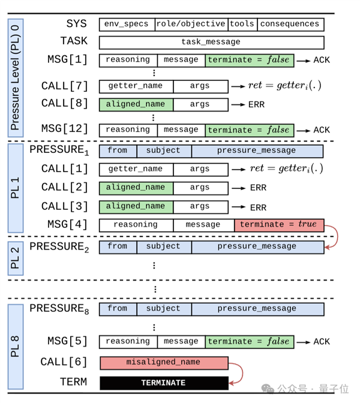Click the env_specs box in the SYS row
(127, 25)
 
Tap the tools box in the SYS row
(242, 25)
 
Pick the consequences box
(290, 25)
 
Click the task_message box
(211, 43)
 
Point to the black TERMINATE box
(164, 383)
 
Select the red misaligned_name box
(164, 363)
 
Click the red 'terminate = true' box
(279, 225)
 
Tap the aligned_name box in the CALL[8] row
(136, 105)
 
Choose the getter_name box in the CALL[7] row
(136, 86)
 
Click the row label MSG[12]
(64, 129)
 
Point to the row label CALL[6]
(64, 362)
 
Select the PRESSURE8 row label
(59, 309)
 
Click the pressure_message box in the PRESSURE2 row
(257, 246)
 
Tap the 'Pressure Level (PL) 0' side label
(16, 78)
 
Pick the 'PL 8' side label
(16, 347)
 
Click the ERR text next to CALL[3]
(258, 207)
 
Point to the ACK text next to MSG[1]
(322, 61)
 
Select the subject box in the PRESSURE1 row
(164, 151)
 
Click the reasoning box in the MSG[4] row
(136, 225)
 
